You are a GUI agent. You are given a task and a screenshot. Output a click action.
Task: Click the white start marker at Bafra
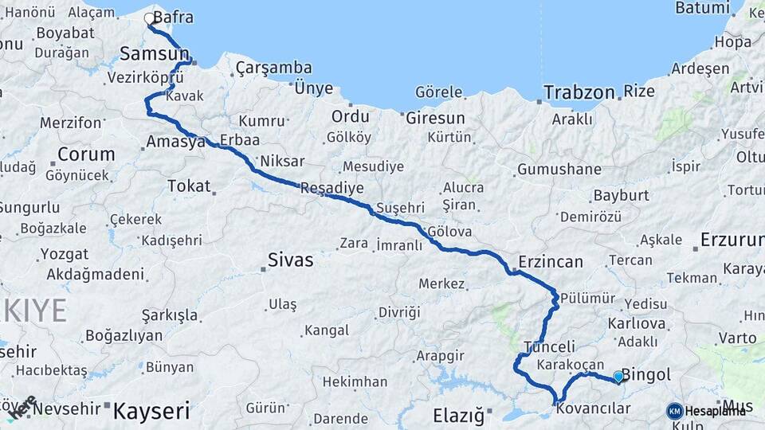(149, 18)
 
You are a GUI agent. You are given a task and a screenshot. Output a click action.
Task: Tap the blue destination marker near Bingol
(618, 376)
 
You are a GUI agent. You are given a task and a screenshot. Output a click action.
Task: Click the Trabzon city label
(579, 92)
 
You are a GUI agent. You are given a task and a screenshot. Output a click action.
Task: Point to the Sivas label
(290, 260)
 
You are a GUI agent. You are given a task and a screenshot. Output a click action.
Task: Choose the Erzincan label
(551, 261)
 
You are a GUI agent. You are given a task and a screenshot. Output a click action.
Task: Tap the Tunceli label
(550, 346)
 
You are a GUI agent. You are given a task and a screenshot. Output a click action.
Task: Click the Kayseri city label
(151, 411)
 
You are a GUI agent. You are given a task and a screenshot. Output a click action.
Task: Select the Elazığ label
(458, 415)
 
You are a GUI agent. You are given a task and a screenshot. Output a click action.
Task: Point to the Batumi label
(702, 8)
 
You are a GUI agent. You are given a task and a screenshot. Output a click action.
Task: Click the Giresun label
(435, 118)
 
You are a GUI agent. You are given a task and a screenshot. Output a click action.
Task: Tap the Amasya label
(176, 142)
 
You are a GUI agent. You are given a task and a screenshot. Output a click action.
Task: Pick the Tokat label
(189, 186)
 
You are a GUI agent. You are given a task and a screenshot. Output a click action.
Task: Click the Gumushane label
(559, 170)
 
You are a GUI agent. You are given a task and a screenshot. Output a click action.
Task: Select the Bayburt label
(621, 195)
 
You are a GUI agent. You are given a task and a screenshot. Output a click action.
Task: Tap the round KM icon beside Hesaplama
(675, 411)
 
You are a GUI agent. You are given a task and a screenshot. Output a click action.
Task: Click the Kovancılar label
(594, 408)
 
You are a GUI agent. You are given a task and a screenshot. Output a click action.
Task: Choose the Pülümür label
(588, 298)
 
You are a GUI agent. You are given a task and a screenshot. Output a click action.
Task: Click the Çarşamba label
(273, 68)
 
